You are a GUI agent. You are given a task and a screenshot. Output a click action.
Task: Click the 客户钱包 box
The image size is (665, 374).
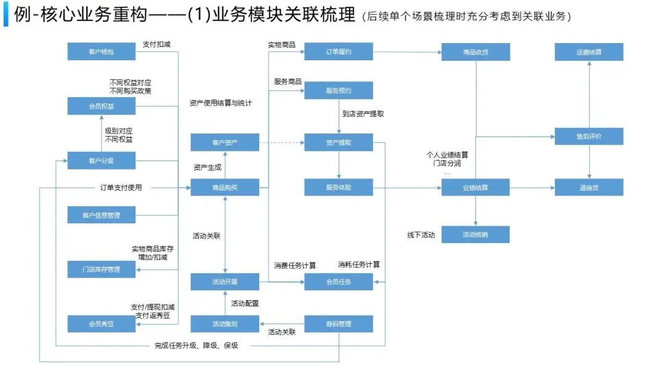click(102, 52)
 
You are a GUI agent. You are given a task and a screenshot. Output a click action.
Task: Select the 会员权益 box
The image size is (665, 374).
click(102, 106)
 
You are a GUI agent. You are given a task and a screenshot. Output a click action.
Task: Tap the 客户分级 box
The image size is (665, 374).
click(102, 162)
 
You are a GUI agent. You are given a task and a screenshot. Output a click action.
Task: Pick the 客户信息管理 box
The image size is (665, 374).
click(102, 215)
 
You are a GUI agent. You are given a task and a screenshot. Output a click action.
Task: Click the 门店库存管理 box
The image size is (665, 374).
click(102, 269)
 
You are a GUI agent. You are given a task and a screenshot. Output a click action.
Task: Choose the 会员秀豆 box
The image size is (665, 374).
click(102, 324)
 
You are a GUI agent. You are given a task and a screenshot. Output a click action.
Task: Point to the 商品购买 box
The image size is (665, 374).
click(225, 188)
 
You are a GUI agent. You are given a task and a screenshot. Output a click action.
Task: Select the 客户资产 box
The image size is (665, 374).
click(225, 143)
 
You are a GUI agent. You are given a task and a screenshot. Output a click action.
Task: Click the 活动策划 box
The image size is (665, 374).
click(225, 324)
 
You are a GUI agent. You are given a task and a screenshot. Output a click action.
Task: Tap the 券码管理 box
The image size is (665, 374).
click(339, 324)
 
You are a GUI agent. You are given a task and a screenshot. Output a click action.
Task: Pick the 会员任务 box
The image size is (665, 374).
click(339, 282)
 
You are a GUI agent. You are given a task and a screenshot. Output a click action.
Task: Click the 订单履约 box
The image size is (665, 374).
click(339, 52)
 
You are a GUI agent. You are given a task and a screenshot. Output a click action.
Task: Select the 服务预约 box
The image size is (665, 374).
click(339, 90)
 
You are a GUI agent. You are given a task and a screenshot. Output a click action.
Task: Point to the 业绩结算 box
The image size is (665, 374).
click(476, 188)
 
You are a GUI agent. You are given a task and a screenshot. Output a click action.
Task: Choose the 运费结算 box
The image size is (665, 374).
click(589, 52)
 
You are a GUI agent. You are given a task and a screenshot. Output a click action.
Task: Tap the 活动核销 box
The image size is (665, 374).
click(476, 234)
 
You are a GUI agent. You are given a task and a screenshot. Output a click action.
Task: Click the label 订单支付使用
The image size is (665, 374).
click(121, 188)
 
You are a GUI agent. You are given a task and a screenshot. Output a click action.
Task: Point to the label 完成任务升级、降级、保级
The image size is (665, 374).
click(196, 346)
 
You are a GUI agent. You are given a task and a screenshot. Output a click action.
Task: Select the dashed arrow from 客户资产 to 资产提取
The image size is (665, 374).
click(281, 143)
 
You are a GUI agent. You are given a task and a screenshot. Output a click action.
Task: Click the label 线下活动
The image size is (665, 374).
click(421, 235)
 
